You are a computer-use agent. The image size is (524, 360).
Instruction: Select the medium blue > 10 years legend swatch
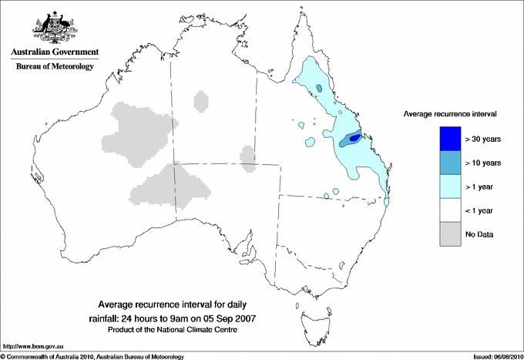point(450,162)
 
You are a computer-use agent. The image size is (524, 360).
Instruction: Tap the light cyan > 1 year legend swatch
point(450,186)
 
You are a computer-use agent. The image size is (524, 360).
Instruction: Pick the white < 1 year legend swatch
point(450,210)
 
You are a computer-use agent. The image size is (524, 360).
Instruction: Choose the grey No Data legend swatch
point(450,234)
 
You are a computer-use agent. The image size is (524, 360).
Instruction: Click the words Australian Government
point(55,52)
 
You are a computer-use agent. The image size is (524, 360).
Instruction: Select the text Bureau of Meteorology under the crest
point(55,66)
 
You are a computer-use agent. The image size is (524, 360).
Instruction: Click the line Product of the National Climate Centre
point(183,330)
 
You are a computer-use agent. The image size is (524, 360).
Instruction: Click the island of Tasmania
point(308,317)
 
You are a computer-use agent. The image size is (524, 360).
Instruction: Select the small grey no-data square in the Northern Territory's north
point(201,100)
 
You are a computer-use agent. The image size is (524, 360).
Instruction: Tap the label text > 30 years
point(482,139)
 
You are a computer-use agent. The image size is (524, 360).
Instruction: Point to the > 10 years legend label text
point(482,163)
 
